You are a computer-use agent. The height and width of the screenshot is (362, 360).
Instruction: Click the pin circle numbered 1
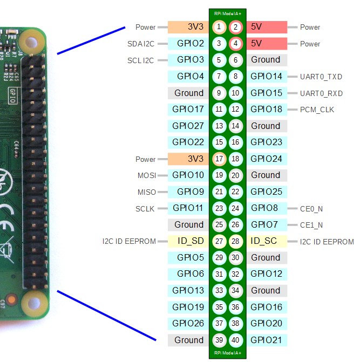(219, 27)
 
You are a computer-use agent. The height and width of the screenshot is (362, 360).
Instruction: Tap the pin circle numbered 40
(236, 340)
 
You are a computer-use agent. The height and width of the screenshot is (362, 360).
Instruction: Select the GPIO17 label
(188, 110)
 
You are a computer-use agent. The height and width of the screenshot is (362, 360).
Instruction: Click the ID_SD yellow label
(188, 241)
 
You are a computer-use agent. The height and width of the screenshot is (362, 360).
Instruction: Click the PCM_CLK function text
(317, 110)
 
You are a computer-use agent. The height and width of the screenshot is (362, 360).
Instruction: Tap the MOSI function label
(147, 175)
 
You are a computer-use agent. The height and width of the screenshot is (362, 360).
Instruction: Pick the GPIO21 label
(266, 340)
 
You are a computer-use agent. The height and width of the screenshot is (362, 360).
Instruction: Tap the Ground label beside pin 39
(188, 340)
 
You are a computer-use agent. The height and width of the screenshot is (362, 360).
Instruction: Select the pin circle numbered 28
(236, 241)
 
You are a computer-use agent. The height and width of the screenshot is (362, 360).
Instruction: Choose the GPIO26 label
(188, 324)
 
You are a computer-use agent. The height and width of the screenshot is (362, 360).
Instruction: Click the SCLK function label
(146, 208)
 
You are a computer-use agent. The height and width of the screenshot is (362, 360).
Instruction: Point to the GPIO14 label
(266, 77)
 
